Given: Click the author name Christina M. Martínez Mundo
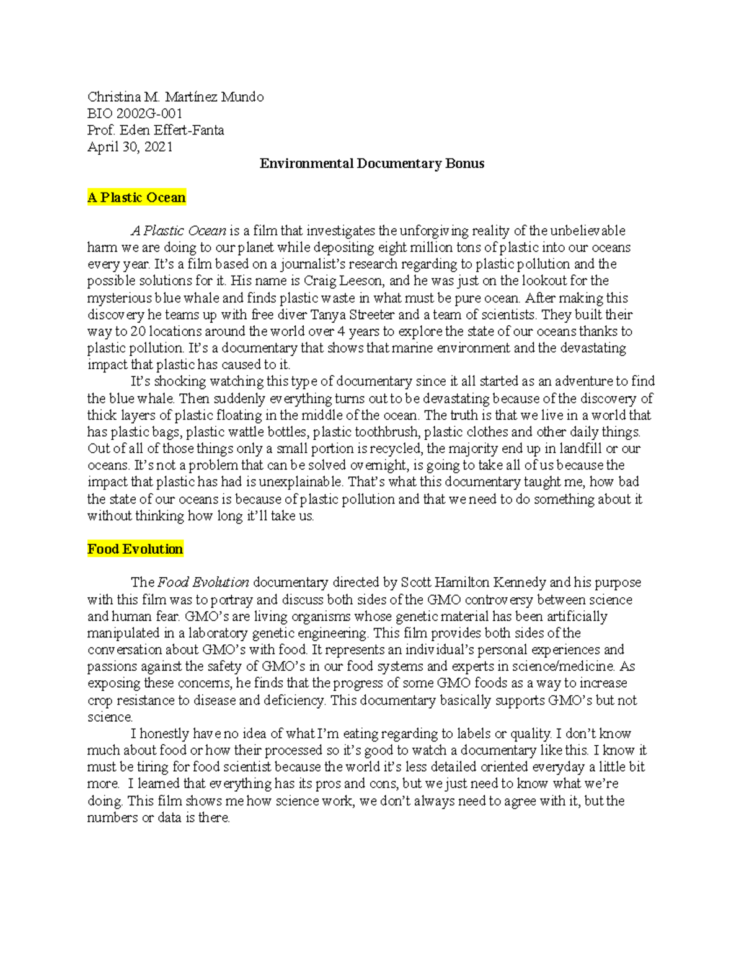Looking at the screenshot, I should (x=175, y=97).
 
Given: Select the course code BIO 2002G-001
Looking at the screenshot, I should (x=135, y=113).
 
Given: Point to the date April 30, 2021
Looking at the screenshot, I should (x=130, y=147).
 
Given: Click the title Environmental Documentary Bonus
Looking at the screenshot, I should (x=372, y=164).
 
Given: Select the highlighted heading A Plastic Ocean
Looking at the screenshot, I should (x=136, y=198).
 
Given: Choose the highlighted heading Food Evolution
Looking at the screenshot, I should (x=135, y=549).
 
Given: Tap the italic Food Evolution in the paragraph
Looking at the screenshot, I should (x=203, y=582).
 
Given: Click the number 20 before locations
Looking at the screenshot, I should (x=138, y=331).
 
